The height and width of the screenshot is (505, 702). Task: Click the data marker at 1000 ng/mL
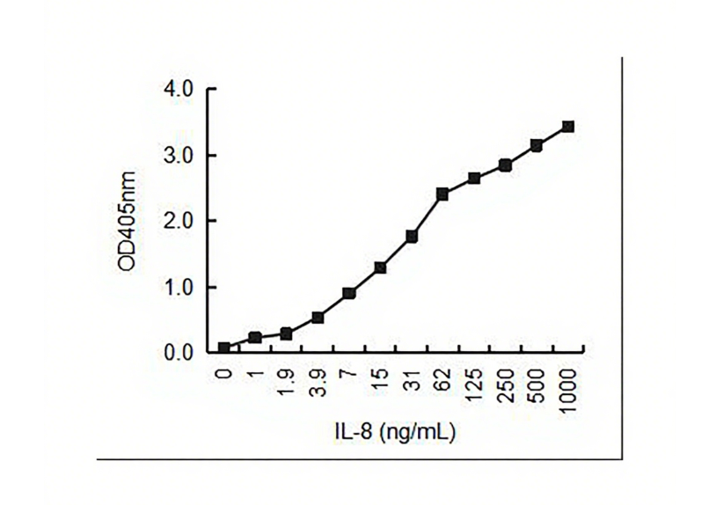567,127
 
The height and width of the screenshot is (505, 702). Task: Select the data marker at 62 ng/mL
442,194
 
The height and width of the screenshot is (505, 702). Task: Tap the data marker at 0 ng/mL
224,348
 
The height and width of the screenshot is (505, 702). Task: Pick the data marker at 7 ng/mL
349,293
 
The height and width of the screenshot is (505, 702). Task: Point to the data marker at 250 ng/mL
505,165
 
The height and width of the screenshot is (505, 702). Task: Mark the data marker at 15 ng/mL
380,267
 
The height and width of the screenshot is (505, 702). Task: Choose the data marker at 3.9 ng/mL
318,318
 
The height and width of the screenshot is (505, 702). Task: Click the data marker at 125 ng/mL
474,179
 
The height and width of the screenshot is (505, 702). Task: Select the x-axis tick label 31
412,379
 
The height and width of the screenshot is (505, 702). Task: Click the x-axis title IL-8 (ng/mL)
394,432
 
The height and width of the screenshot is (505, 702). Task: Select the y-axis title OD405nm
128,222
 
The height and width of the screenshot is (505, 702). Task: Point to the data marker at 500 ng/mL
537,145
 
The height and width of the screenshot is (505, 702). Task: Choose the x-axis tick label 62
443,379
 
